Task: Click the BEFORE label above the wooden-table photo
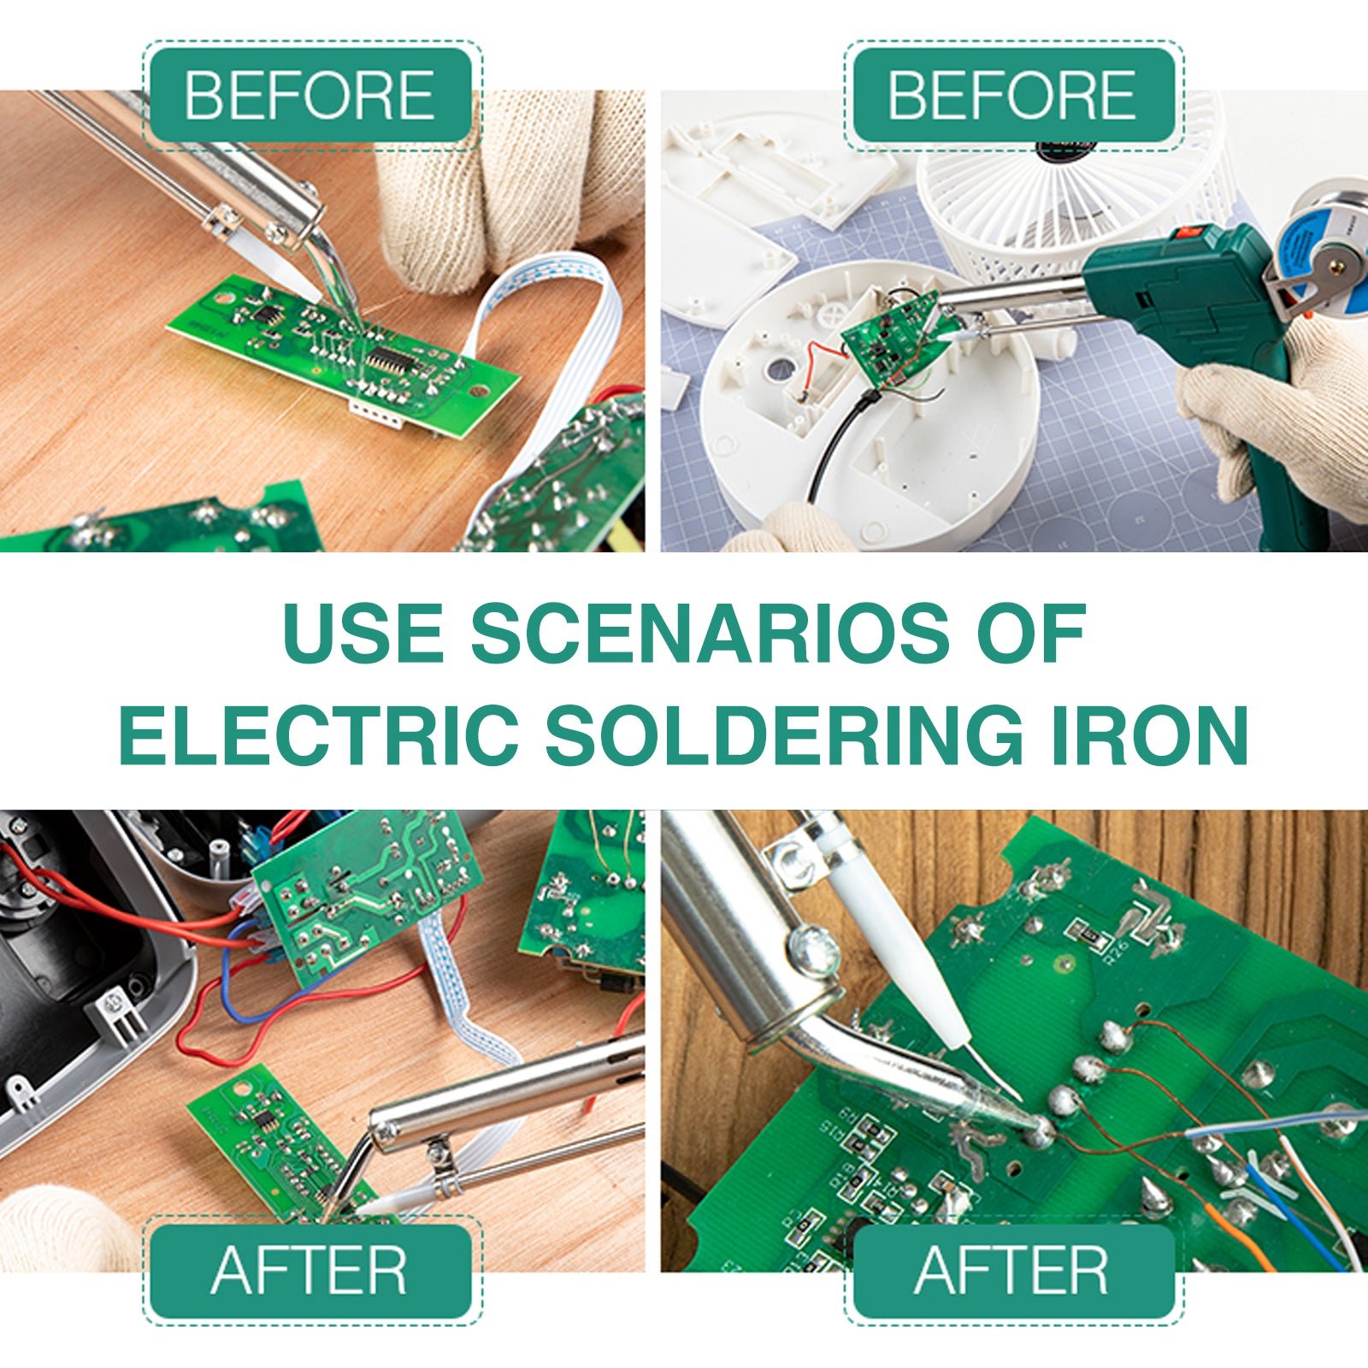click(x=310, y=95)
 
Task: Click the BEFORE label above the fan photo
click(x=1013, y=95)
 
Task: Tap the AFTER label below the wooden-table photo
click(x=310, y=1271)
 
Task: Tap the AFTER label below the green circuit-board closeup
click(x=1013, y=1271)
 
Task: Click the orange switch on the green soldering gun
click(x=1189, y=232)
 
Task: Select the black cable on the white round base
click(x=834, y=445)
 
